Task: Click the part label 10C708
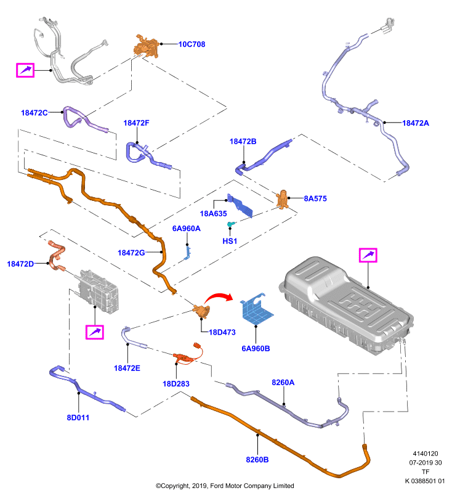point(192,44)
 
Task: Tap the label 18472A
point(416,123)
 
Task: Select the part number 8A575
point(315,198)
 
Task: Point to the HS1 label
point(230,241)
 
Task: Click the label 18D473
point(222,332)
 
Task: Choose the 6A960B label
point(256,349)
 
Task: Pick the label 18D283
point(176,384)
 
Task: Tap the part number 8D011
point(78,418)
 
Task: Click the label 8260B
point(257,460)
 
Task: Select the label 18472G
point(131,253)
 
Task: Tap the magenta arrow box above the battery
point(368,255)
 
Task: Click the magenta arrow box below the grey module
point(95,332)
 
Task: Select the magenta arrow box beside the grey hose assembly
point(25,70)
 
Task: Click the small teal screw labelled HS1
point(231,224)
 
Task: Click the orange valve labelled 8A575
point(283,199)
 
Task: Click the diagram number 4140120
point(426,454)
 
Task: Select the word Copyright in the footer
point(174,486)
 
